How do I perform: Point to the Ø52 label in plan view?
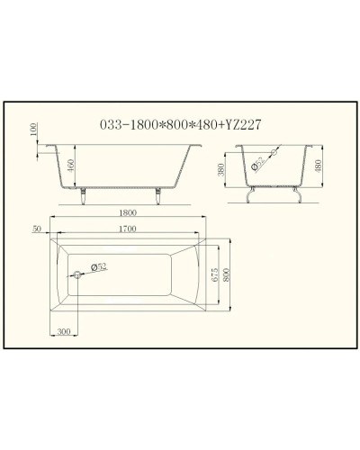tap(101, 268)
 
